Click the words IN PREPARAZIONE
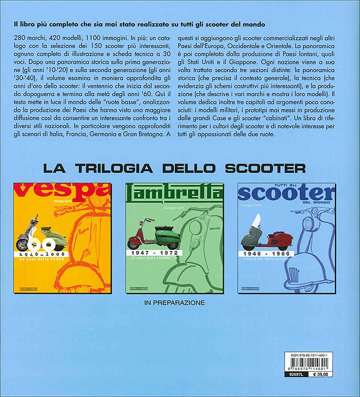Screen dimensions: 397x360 click(x=175, y=303)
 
